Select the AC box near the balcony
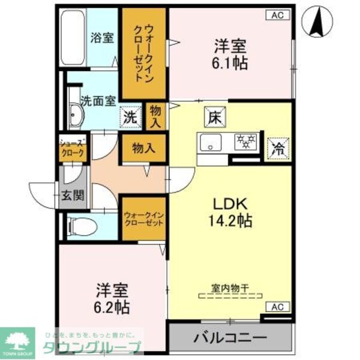[x=277, y=307]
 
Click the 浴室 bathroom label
[x=102, y=37]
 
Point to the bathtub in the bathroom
[x=73, y=39]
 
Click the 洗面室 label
[x=98, y=101]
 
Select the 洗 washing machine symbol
[x=130, y=117]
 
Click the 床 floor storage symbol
[x=214, y=116]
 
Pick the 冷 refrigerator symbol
[x=278, y=146]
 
